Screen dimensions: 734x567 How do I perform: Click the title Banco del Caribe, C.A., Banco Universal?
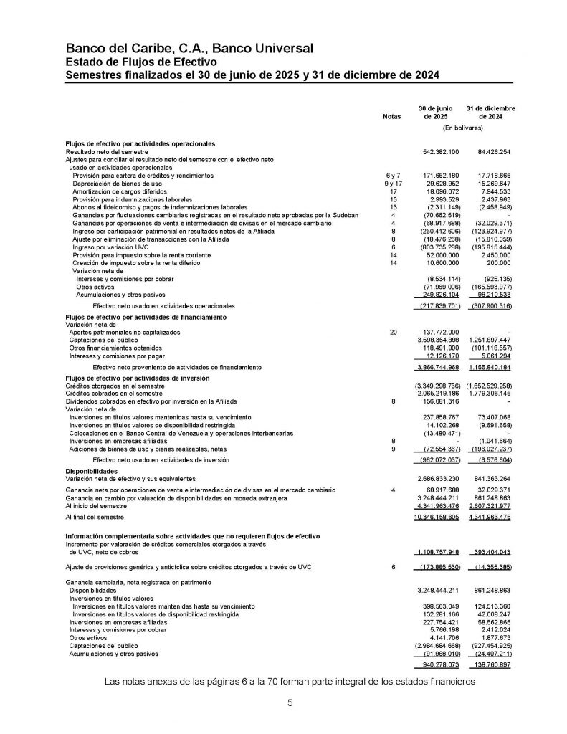coord(189,49)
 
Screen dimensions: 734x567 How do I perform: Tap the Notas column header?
coord(392,115)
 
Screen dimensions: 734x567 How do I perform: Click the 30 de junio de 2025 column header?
coord(434,111)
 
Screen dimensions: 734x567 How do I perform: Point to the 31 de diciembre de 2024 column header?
coord(490,111)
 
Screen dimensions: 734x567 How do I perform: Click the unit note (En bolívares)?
coord(462,128)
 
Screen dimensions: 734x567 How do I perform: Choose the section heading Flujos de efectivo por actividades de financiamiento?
coord(146,316)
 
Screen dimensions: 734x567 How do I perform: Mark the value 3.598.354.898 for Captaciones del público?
coord(437,340)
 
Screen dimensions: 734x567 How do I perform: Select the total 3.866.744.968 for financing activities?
coord(437,367)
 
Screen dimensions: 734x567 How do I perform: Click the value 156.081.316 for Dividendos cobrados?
coord(439,401)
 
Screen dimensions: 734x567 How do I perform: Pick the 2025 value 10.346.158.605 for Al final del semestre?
coord(436,516)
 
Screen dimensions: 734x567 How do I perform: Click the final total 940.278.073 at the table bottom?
coord(439,664)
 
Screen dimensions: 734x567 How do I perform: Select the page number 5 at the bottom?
coord(290,703)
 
